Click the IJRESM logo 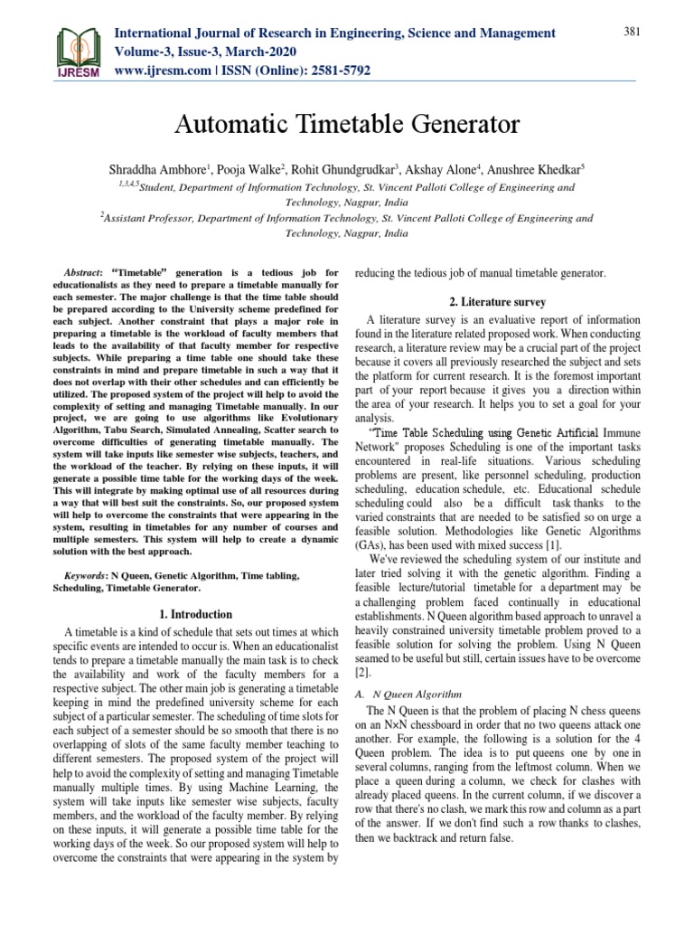[x=80, y=52]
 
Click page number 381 [x=631, y=33]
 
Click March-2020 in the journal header [x=262, y=51]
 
